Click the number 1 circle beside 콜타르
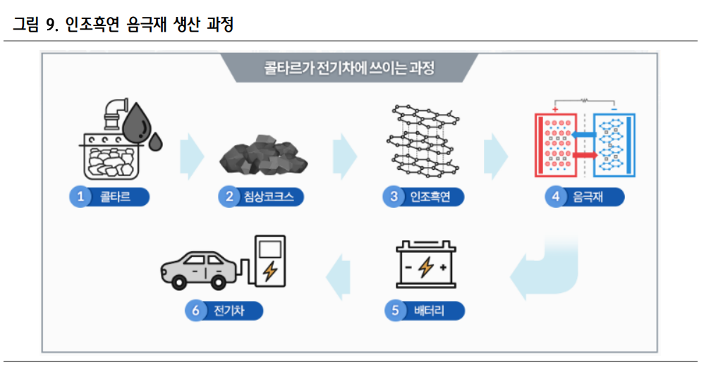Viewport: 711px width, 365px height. click(81, 197)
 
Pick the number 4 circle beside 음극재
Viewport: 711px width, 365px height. click(556, 197)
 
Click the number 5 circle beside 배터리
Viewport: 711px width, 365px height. click(396, 311)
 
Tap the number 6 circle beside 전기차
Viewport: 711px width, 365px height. click(195, 311)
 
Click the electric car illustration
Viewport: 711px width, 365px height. click(200, 268)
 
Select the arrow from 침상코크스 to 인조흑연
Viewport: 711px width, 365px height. click(344, 155)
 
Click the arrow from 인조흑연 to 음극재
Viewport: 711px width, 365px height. click(495, 155)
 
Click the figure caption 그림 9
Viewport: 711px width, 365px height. click(35, 26)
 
